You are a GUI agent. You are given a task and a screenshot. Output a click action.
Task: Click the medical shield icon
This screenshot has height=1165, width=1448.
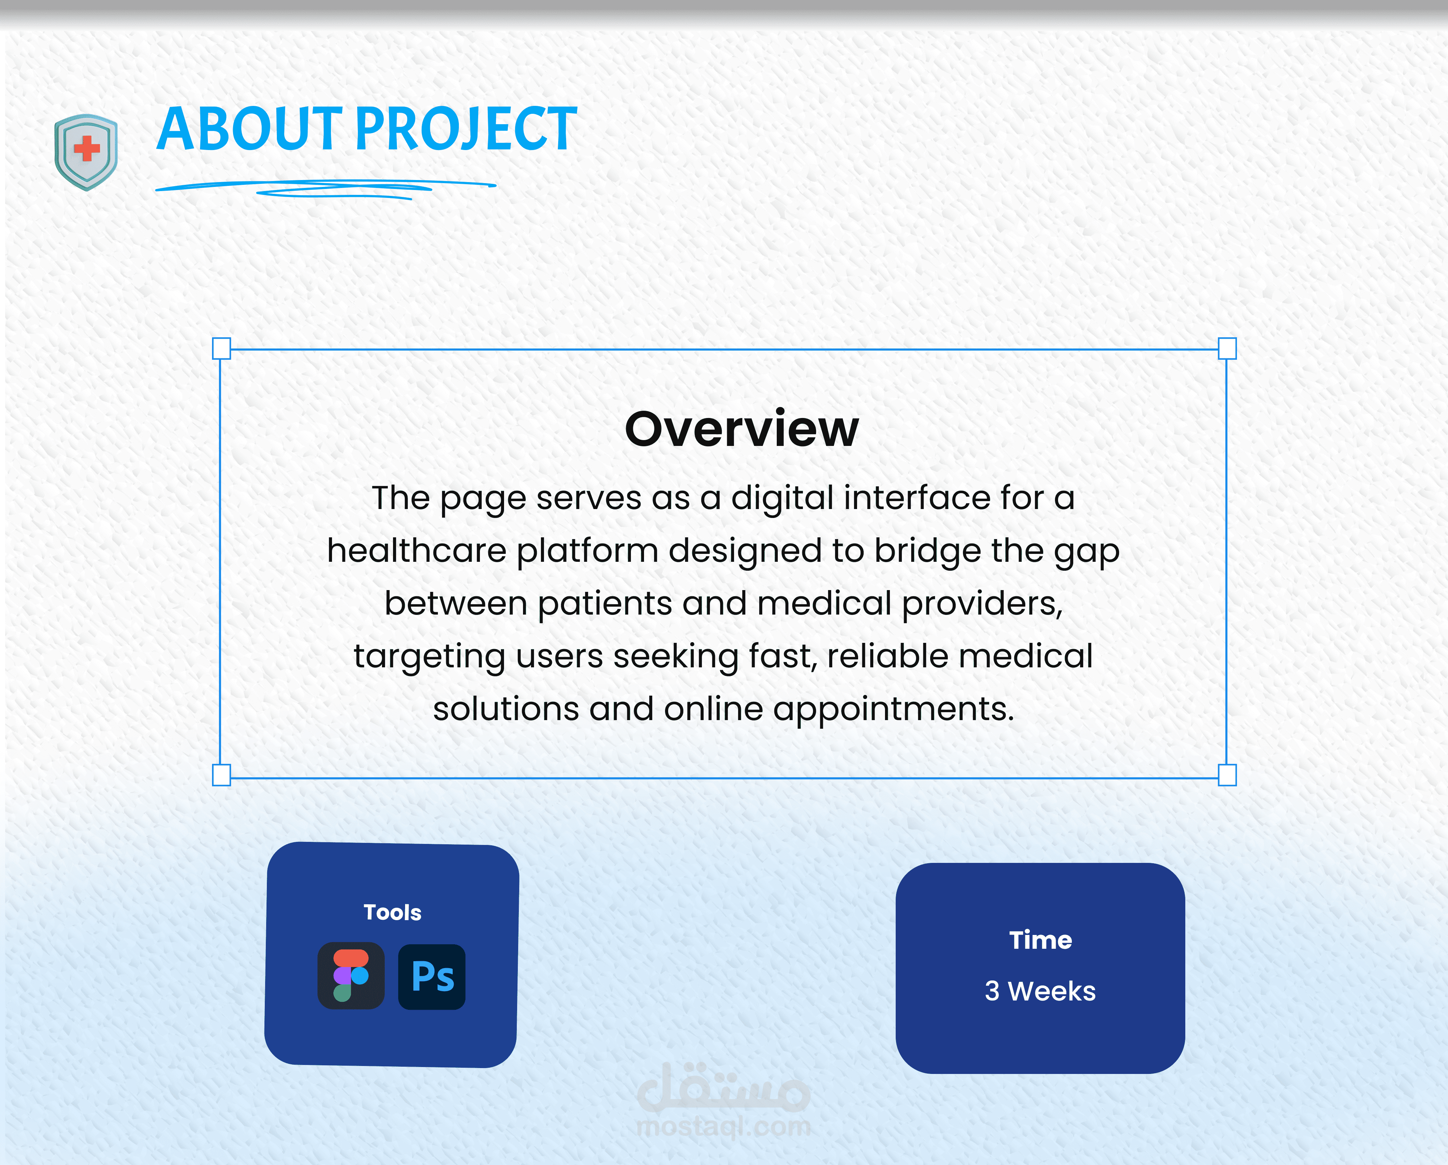coord(86,152)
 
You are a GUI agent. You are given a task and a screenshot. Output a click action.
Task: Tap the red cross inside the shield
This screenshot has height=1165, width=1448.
coord(87,149)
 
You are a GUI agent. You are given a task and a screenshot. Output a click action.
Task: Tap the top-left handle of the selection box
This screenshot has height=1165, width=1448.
coord(221,348)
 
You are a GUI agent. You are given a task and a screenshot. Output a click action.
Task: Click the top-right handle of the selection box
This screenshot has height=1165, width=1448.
coord(1227,348)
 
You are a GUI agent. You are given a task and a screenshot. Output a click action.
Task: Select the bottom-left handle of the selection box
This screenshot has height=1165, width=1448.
coord(221,775)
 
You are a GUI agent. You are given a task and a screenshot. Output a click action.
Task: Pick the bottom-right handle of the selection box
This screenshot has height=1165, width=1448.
coord(1227,775)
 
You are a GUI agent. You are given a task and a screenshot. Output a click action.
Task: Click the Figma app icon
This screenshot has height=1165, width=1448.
coord(351,976)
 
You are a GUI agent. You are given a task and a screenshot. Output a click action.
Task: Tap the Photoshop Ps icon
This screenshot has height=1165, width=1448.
coord(432,977)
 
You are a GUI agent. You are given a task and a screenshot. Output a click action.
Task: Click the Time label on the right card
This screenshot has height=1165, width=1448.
coord(1040,940)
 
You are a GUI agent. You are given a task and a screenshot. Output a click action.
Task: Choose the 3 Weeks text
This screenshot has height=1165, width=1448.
coord(1040,991)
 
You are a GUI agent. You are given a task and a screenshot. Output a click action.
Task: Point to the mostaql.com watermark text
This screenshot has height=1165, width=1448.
coord(723,1127)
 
